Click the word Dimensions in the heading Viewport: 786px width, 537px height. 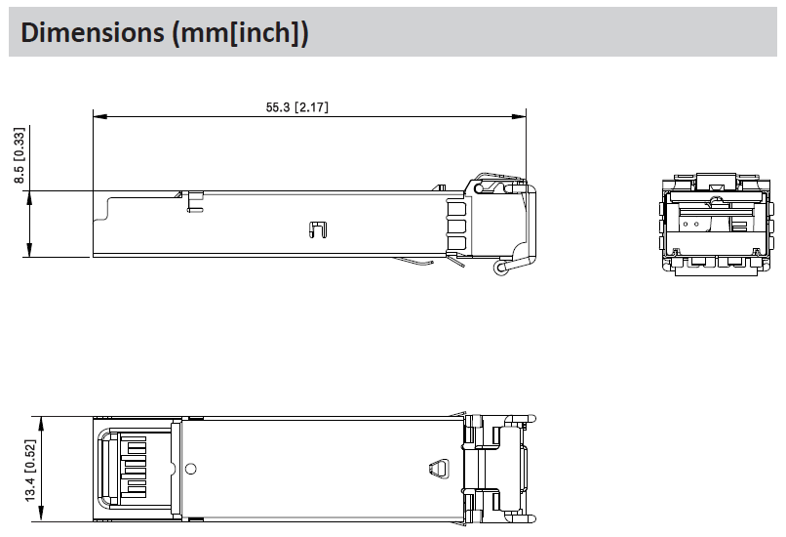[x=93, y=32]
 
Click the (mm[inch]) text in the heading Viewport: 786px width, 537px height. [x=240, y=33]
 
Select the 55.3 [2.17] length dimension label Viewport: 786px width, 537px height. [x=296, y=106]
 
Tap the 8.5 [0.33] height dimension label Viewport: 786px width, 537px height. [x=20, y=155]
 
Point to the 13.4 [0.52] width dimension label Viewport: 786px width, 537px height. [x=30, y=471]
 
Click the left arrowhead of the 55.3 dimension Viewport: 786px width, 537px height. [x=100, y=116]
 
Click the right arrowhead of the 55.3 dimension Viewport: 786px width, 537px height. [x=519, y=116]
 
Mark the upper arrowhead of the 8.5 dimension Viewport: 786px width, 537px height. [x=29, y=198]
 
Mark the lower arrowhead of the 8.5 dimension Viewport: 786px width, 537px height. [x=29, y=250]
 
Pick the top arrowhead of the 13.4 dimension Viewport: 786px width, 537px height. [x=41, y=424]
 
